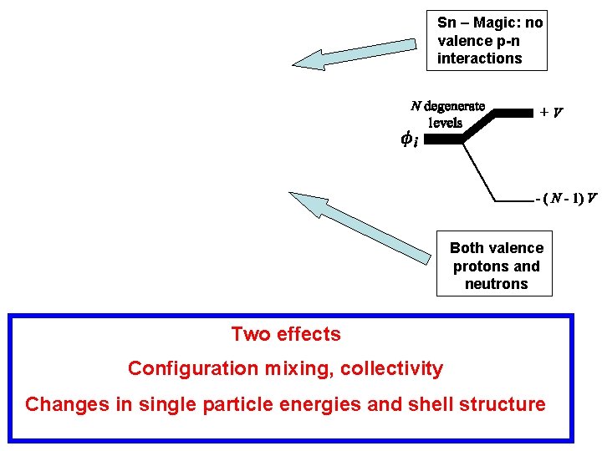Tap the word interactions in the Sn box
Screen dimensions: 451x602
479,58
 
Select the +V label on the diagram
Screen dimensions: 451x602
550,111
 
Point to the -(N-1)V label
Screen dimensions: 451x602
566,199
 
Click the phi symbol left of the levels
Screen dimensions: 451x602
409,139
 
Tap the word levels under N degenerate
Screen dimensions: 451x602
446,122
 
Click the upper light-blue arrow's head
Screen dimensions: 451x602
308,59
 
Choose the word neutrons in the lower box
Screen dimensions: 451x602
497,284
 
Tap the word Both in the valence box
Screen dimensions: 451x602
467,248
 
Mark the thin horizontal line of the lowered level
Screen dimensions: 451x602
515,200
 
